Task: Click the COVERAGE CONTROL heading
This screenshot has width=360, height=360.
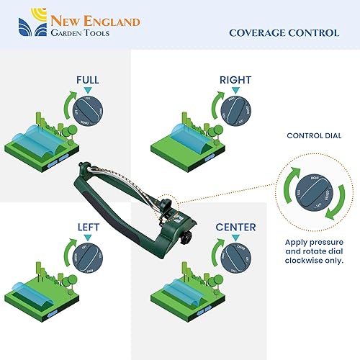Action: click(284, 32)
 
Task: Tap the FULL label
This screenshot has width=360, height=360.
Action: click(88, 79)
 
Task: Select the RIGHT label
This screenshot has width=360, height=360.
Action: click(236, 79)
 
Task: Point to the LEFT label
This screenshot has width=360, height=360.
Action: click(89, 227)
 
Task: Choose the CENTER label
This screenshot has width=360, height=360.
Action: click(235, 227)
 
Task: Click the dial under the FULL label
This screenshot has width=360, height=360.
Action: click(89, 112)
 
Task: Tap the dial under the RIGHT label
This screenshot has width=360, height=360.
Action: click(237, 112)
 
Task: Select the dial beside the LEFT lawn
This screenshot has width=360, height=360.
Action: click(89, 259)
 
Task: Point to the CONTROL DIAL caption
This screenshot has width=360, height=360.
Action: click(314, 135)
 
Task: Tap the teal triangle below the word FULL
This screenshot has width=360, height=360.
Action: click(88, 91)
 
